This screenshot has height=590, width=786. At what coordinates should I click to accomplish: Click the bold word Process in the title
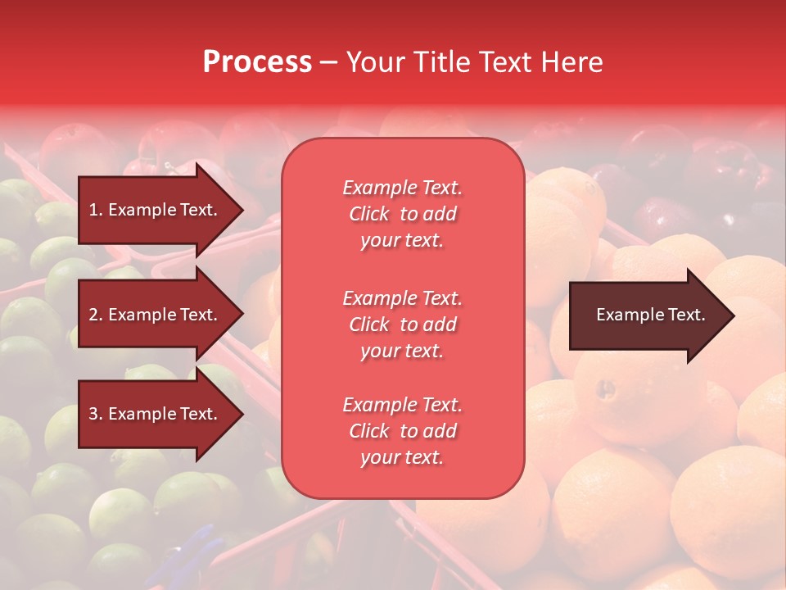pos(257,62)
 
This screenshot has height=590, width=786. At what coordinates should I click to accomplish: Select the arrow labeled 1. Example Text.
pos(156,210)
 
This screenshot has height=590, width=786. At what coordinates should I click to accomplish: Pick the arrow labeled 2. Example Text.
pos(156,315)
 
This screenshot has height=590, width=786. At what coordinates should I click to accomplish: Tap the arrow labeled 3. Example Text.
pos(156,414)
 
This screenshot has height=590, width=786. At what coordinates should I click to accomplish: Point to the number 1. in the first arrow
pos(95,210)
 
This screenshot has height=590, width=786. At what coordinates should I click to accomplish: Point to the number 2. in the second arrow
pos(95,315)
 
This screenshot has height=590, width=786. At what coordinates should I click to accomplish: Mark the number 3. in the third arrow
pos(95,414)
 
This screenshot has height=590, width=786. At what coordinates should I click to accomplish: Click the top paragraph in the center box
pos(402,214)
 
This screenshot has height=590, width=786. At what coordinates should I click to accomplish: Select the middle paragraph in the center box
pos(402,324)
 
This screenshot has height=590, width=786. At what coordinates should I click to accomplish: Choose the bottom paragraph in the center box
pos(402,431)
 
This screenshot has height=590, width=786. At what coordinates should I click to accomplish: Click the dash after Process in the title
pos(328,62)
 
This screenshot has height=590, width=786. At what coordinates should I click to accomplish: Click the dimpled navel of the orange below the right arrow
pos(605,388)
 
